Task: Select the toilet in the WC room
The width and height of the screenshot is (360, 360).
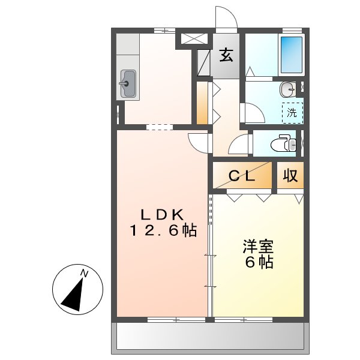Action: tap(283, 144)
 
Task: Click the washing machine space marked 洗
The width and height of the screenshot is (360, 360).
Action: tap(292, 112)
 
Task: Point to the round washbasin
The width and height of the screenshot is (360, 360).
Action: tap(287, 89)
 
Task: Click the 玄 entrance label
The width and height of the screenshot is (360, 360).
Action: tap(226, 55)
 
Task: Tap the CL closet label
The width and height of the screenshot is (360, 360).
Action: tap(243, 176)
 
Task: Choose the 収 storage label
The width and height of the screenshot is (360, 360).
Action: tap(290, 176)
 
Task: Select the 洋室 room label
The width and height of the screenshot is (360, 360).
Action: tap(258, 246)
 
